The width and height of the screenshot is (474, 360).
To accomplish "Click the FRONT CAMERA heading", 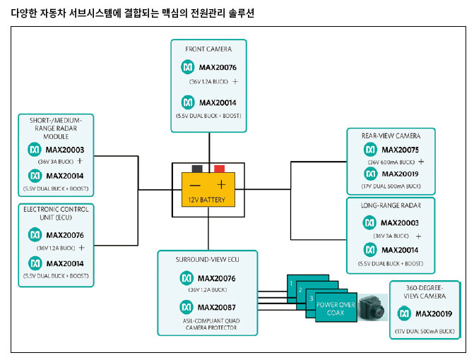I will [208, 49].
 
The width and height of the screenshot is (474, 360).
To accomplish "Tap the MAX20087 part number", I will [218, 308].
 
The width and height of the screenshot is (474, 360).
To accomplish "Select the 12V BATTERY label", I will [208, 199].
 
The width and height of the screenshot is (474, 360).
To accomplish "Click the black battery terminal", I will [196, 169].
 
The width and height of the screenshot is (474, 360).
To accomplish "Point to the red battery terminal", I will [220, 169].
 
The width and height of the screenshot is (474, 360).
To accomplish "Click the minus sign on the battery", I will [195, 185].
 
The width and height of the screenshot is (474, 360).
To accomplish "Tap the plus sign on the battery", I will [221, 185].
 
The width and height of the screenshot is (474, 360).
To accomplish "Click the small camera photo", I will [369, 308].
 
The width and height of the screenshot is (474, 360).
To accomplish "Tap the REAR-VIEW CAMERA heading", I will [390, 136].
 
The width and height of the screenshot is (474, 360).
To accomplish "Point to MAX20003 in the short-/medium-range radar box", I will [65, 150].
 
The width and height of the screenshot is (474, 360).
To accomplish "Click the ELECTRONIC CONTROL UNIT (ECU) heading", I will [57, 213].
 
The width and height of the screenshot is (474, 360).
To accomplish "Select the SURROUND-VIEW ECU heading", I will [208, 259].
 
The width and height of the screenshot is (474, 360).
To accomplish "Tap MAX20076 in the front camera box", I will [218, 68].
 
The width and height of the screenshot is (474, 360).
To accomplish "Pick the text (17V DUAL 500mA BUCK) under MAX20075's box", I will [390, 186].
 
